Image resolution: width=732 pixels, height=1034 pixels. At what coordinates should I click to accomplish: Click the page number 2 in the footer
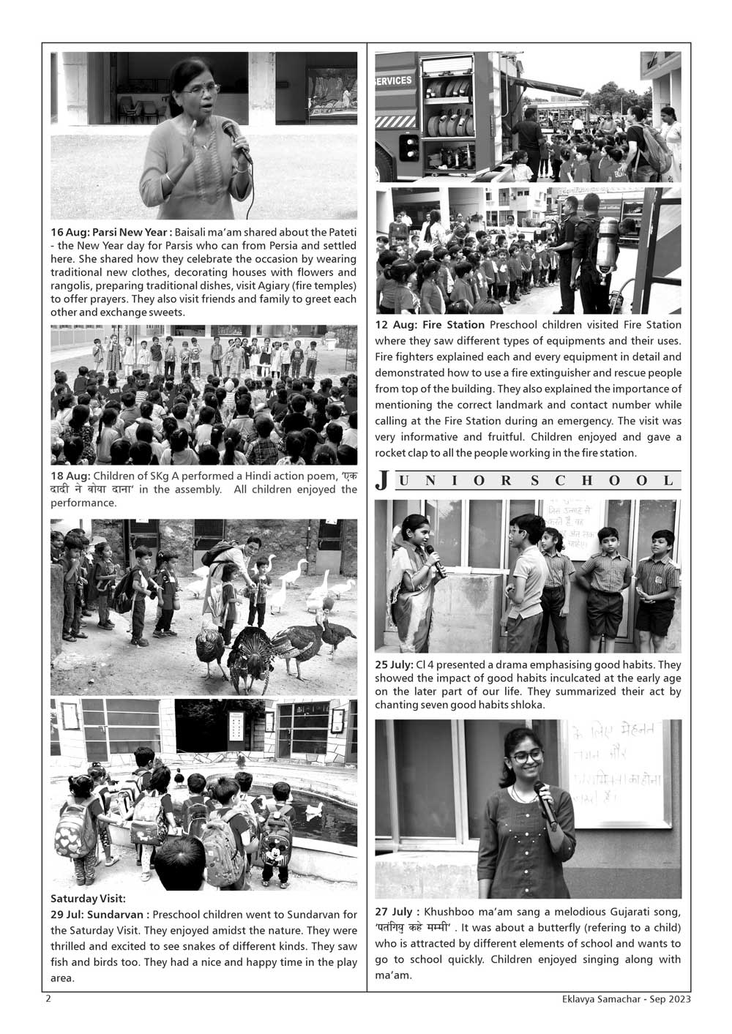pyautogui.click(x=48, y=999)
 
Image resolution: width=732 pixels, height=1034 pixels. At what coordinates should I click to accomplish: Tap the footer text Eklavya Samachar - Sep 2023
pyautogui.click(x=622, y=999)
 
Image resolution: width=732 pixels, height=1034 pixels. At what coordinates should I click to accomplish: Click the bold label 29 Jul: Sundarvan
pyautogui.click(x=100, y=915)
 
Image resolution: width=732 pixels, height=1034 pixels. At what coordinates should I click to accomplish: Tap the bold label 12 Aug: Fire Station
pyautogui.click(x=430, y=325)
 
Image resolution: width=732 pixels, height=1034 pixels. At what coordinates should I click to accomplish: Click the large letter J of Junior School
pyautogui.click(x=381, y=481)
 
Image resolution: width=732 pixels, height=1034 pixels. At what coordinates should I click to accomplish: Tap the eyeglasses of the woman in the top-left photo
pyautogui.click(x=200, y=90)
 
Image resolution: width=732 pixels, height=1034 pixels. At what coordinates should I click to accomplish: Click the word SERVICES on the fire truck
pyautogui.click(x=393, y=80)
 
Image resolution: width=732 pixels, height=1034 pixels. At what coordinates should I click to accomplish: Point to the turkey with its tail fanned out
pyautogui.click(x=250, y=655)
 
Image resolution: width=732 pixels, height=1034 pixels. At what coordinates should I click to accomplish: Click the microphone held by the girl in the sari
pyautogui.click(x=435, y=560)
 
